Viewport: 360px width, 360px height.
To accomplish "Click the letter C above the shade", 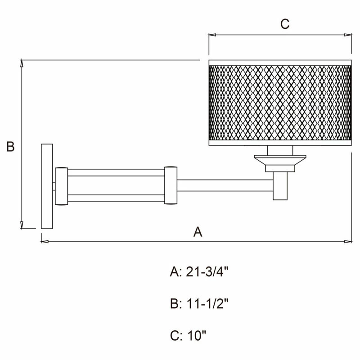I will click(x=284, y=24).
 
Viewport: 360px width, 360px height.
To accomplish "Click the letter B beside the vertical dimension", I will click(x=10, y=147).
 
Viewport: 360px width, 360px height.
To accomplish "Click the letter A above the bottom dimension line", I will click(x=198, y=232).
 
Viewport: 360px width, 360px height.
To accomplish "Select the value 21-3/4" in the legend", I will click(x=209, y=272).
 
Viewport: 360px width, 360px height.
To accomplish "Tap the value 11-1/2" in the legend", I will click(x=209, y=304).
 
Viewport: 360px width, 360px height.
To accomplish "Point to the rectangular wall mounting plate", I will click(x=47, y=186).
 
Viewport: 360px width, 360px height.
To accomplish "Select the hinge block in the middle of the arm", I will click(x=171, y=186).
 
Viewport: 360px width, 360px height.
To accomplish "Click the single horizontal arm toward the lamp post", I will click(x=225, y=185).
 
